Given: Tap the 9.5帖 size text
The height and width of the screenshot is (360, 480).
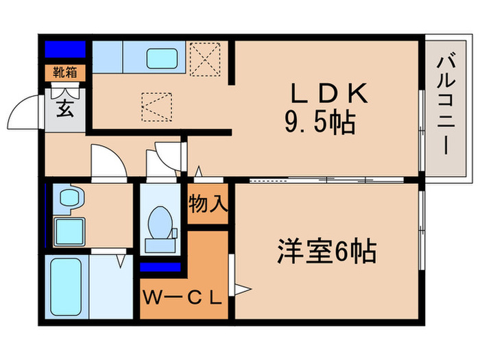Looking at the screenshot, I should click(x=320, y=123).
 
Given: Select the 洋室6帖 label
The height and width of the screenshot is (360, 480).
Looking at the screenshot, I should click(x=326, y=252).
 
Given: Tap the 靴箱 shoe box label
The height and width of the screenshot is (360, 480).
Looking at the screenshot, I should click(x=65, y=72).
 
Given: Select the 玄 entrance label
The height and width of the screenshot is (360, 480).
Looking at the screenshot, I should click(x=65, y=108).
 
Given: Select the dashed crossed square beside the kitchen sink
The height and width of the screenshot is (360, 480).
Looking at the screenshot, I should click(x=204, y=58).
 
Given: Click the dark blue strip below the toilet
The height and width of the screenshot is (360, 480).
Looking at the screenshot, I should click(x=160, y=267).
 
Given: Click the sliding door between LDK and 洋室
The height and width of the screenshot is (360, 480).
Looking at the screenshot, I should click(x=322, y=180).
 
